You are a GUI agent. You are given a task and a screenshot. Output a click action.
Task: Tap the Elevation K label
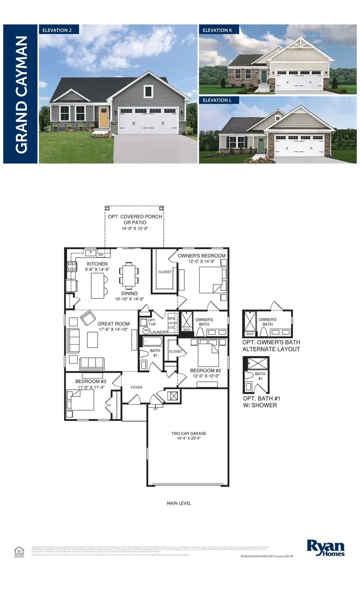point(217,30)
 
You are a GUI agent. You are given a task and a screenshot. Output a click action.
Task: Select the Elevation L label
point(217,100)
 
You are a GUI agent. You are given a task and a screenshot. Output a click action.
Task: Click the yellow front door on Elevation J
point(104,117)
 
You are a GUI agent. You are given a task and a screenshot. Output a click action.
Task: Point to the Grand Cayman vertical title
point(21,94)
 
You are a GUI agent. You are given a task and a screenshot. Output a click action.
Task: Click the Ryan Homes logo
point(325,548)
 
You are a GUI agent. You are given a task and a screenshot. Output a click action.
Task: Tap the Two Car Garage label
point(189,436)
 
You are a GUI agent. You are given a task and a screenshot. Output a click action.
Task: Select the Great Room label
point(114,327)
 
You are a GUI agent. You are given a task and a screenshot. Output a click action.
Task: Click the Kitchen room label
point(97,266)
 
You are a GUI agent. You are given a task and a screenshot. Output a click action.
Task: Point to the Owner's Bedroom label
point(202,258)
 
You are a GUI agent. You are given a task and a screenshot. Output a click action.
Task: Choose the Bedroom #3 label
point(91,384)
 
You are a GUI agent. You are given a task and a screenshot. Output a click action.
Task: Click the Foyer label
point(136,387)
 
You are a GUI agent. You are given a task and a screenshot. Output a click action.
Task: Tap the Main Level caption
point(179,503)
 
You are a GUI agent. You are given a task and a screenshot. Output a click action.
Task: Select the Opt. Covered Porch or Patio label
point(135,222)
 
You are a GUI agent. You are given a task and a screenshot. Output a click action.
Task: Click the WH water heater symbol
point(146,331)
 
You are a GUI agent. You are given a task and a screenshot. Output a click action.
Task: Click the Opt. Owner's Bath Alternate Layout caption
point(271,346)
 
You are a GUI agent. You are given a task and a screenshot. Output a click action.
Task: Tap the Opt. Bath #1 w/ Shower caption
point(260,402)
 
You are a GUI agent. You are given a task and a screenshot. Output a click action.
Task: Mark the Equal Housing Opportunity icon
point(18,551)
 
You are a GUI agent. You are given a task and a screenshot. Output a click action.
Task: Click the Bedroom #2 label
point(205,373)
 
